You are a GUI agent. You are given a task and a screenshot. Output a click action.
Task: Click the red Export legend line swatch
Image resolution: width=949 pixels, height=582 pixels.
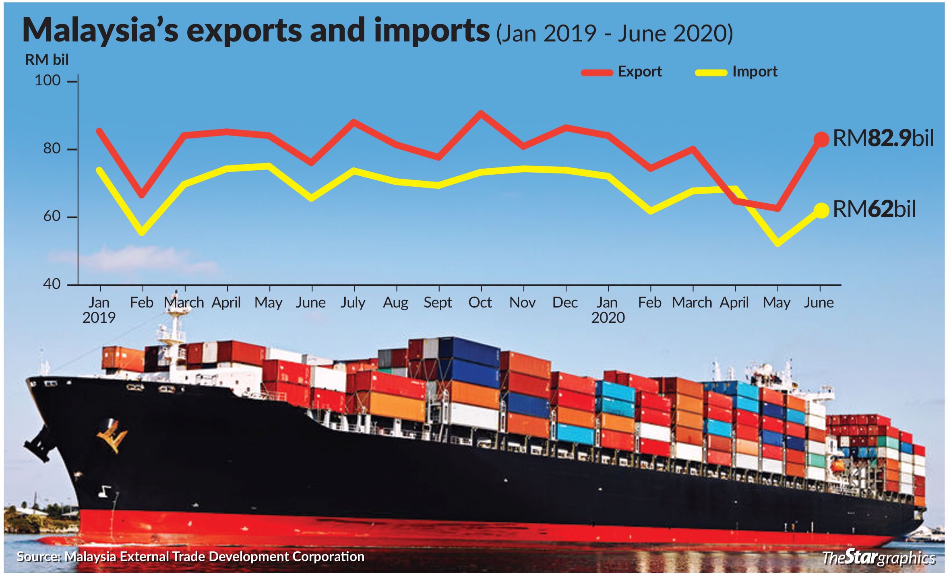pyautogui.click(x=597, y=73)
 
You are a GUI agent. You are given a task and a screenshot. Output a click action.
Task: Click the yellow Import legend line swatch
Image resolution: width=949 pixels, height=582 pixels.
pyautogui.click(x=711, y=73)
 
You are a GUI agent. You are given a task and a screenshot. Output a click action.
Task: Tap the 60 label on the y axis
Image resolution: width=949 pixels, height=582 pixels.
pyautogui.click(x=52, y=217)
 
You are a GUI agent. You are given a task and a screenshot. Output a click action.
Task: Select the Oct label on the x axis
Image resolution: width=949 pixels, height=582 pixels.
pyautogui.click(x=480, y=302)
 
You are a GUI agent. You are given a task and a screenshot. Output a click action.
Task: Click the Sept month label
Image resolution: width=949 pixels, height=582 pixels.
pyautogui.click(x=438, y=302)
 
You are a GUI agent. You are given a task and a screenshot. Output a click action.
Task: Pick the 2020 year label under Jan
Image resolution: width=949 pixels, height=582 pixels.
pyautogui.click(x=608, y=318)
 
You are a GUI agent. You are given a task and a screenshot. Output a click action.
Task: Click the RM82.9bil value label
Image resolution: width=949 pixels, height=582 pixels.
pyautogui.click(x=883, y=138)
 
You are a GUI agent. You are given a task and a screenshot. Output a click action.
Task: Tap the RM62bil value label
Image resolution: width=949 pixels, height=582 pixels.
pyautogui.click(x=874, y=209)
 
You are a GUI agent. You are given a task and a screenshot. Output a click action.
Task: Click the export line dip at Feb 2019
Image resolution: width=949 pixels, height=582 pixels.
pyautogui.click(x=142, y=195)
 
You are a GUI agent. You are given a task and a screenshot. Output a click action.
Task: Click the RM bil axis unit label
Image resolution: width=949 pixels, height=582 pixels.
pyautogui.click(x=47, y=60)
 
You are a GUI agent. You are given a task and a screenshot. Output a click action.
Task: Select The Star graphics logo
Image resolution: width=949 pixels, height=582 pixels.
pyautogui.click(x=879, y=558)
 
